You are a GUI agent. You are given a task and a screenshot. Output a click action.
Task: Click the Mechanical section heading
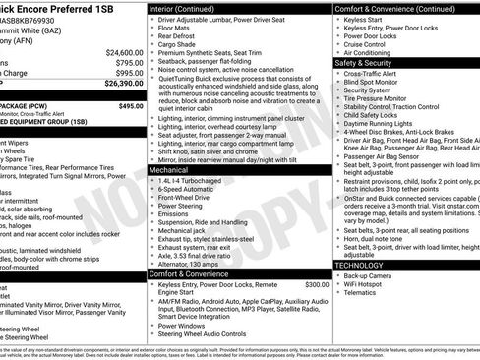169,169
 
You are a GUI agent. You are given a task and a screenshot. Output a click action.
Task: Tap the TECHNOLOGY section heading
360,265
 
